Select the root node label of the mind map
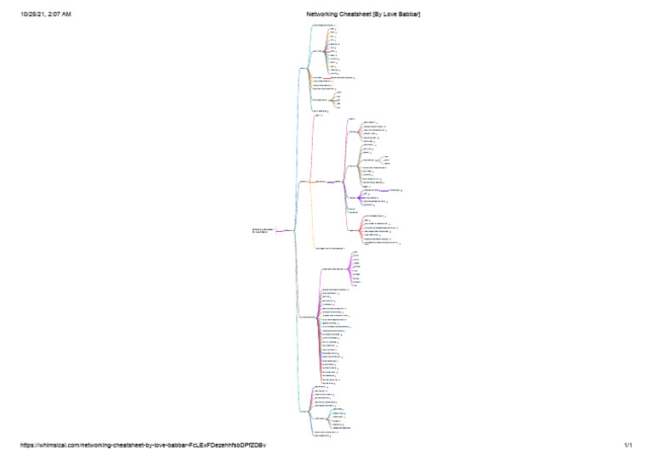pyautogui.click(x=262, y=230)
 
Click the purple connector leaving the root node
pyautogui.click(x=277, y=230)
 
